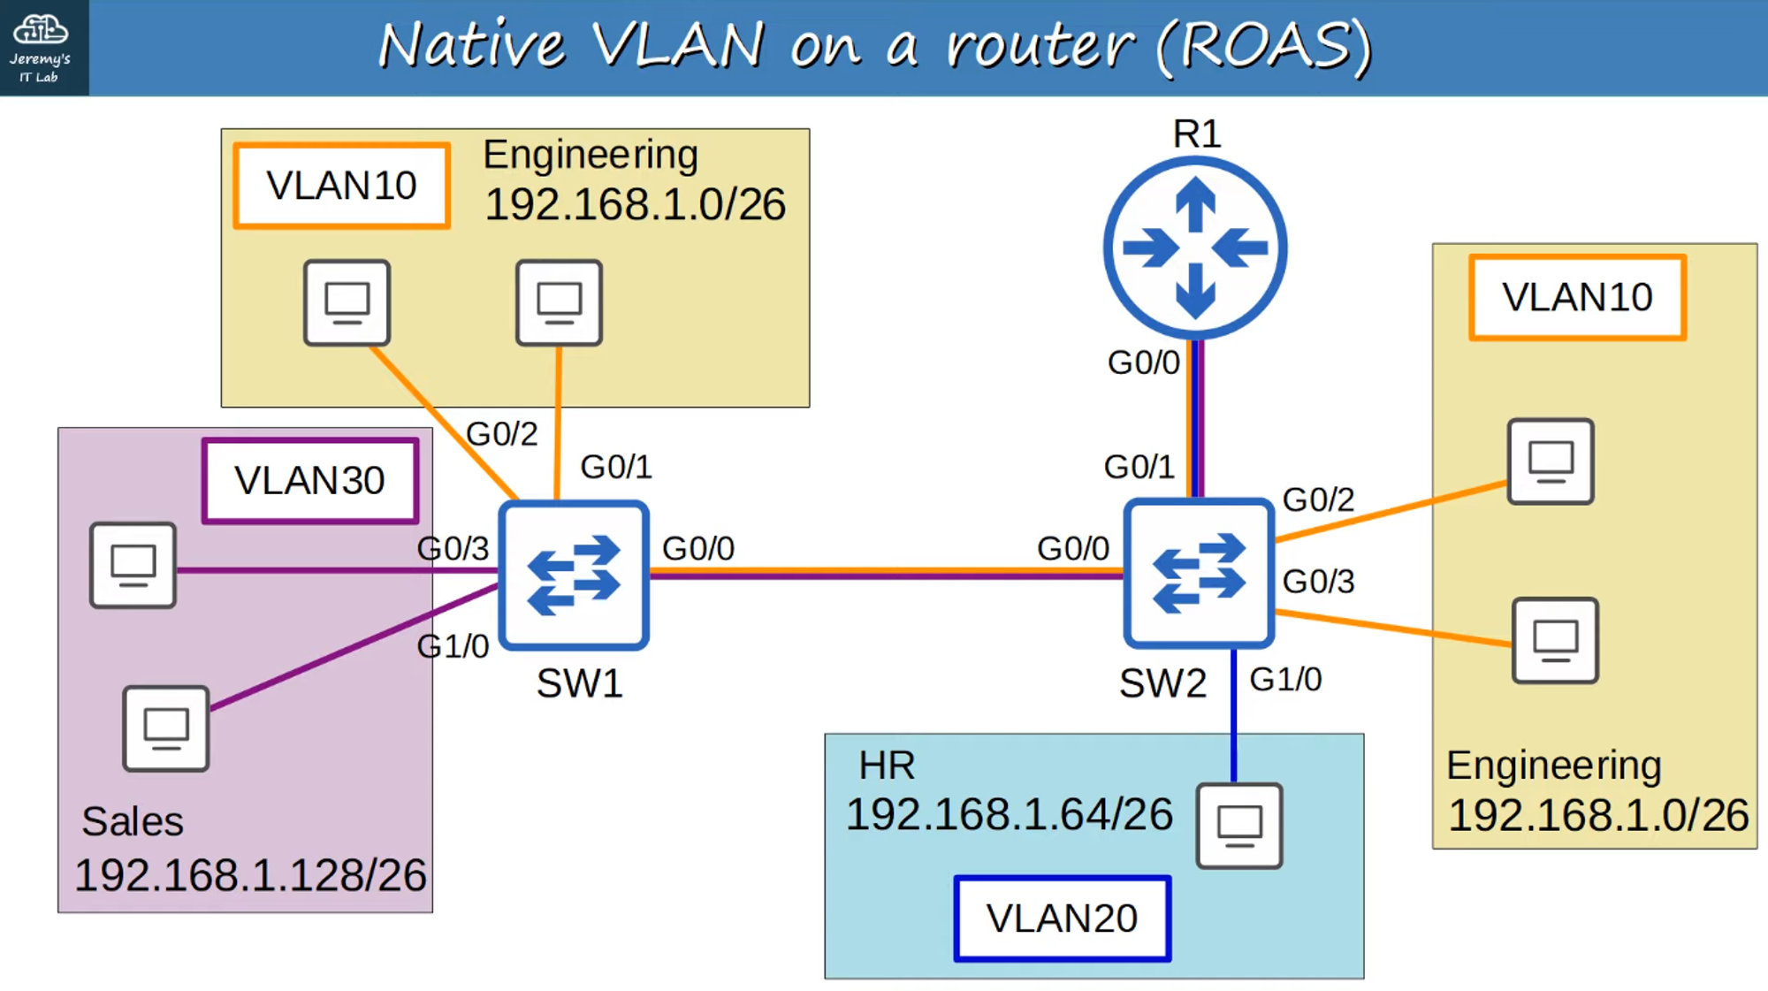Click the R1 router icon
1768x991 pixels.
[1195, 248]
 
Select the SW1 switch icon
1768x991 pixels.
[574, 576]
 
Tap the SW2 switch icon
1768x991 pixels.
[1198, 574]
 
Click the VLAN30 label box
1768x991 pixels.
[309, 481]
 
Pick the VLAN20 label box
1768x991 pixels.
[1062, 919]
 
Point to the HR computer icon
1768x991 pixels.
[1239, 826]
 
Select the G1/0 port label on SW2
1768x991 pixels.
[1285, 680]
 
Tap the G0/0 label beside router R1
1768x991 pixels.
[1143, 362]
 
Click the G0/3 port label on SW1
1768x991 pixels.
[453, 549]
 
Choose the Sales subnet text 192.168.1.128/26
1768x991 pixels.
[250, 875]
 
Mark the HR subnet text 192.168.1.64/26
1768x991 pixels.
[1009, 814]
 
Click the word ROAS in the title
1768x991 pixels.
[1264, 46]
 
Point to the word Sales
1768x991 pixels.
[133, 821]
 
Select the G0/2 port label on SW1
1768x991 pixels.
[501, 434]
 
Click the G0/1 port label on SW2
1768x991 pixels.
[1139, 467]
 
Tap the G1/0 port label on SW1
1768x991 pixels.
[453, 647]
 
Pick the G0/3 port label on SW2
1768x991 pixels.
[1318, 582]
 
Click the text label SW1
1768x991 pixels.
[579, 683]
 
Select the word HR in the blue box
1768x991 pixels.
[887, 765]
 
